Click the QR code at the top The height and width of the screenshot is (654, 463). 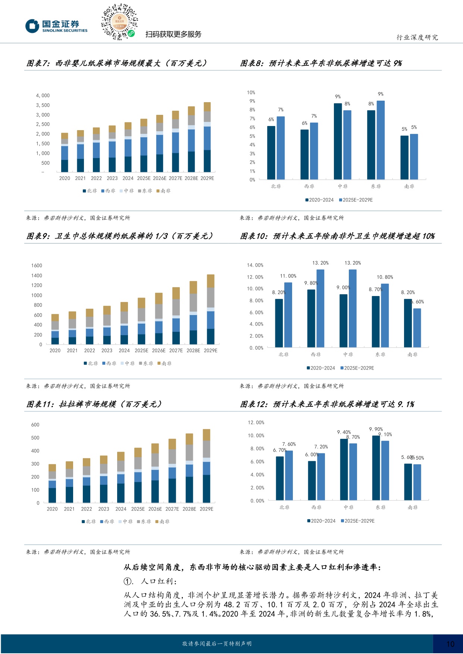click(x=119, y=22)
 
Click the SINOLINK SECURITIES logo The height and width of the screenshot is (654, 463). click(x=56, y=26)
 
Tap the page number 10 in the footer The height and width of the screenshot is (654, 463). click(x=450, y=644)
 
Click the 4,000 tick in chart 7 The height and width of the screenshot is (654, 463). click(x=43, y=96)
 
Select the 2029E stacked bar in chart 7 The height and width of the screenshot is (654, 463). click(x=207, y=137)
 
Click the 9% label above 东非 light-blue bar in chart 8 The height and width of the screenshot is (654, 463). click(x=381, y=94)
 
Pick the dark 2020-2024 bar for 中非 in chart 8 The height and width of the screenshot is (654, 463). click(x=338, y=141)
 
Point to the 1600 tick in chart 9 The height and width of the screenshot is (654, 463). click(x=37, y=266)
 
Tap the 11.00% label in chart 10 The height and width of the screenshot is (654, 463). click(x=288, y=276)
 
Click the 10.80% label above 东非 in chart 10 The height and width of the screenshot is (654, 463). click(x=385, y=277)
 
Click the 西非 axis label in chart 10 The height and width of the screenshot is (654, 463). click(x=316, y=355)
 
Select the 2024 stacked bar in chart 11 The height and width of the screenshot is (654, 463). click(x=121, y=477)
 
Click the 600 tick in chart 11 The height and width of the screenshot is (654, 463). click(x=35, y=425)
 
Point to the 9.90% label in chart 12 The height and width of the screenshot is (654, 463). click(x=376, y=430)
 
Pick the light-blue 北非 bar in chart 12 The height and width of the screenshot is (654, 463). click(x=289, y=475)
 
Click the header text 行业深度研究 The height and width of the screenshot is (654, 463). click(x=417, y=38)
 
